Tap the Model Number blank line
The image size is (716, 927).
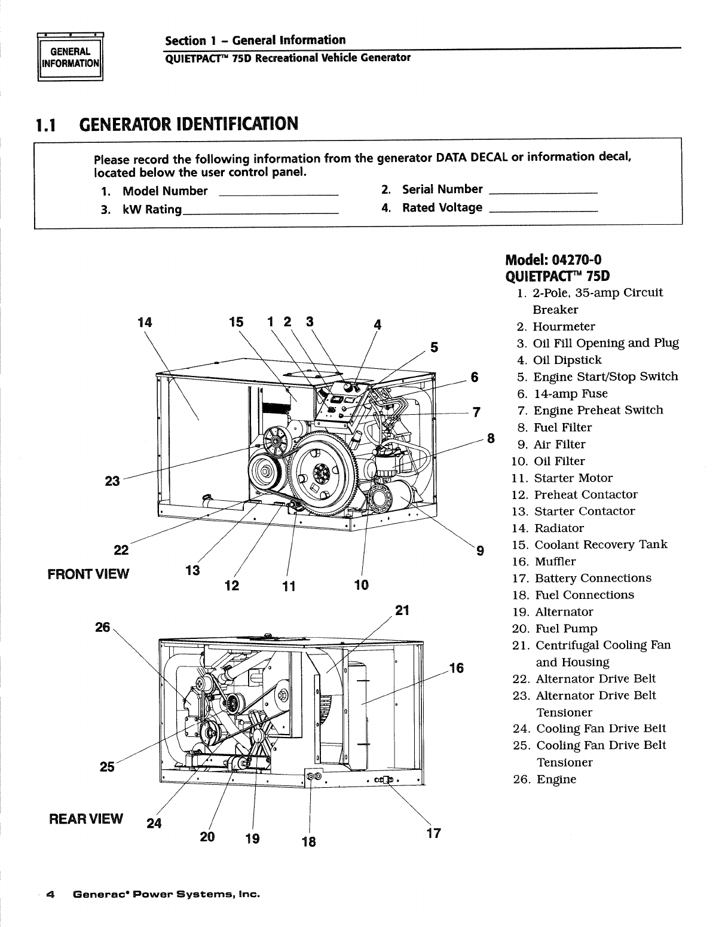(x=279, y=194)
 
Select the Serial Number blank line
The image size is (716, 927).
(x=543, y=192)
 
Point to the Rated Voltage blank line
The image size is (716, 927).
(x=543, y=211)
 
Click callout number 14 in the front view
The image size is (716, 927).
(x=145, y=323)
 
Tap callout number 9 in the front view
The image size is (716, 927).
(x=479, y=551)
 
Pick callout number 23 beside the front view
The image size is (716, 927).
(x=112, y=482)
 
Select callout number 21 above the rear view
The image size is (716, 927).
(x=403, y=610)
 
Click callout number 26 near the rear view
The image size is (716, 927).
(x=103, y=627)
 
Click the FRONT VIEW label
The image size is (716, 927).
(x=88, y=574)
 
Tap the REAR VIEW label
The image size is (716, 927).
(x=86, y=818)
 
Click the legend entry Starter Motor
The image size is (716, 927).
(x=573, y=478)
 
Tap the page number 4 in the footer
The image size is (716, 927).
(x=51, y=895)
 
